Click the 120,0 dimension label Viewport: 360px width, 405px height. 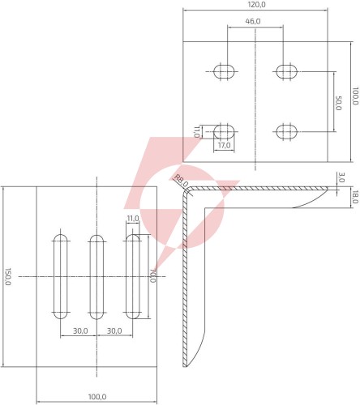[x=255, y=5]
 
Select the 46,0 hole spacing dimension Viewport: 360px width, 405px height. [x=253, y=21]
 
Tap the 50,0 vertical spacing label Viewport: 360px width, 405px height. [x=339, y=103]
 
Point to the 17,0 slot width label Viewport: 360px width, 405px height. [x=225, y=145]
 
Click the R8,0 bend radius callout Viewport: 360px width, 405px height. [x=181, y=181]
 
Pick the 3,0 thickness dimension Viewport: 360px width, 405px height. [x=341, y=177]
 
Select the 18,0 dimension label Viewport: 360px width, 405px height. [x=355, y=197]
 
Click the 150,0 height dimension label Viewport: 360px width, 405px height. [x=7, y=277]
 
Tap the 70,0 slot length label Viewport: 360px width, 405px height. [x=152, y=275]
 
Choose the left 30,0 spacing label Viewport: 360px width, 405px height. [x=80, y=330]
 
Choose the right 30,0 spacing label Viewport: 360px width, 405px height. [x=114, y=330]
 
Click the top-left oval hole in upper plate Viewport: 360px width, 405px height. [x=224, y=71]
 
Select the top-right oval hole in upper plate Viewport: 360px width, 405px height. [x=286, y=71]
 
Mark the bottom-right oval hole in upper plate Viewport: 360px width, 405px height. [x=286, y=132]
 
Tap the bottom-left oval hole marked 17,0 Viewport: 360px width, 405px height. [x=224, y=132]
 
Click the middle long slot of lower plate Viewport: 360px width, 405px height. [x=96, y=277]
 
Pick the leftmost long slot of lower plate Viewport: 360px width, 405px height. [x=61, y=277]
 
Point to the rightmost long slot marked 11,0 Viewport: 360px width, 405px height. [x=133, y=277]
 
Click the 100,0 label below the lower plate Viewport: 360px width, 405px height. [x=97, y=397]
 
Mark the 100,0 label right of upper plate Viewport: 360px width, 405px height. [x=355, y=96]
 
